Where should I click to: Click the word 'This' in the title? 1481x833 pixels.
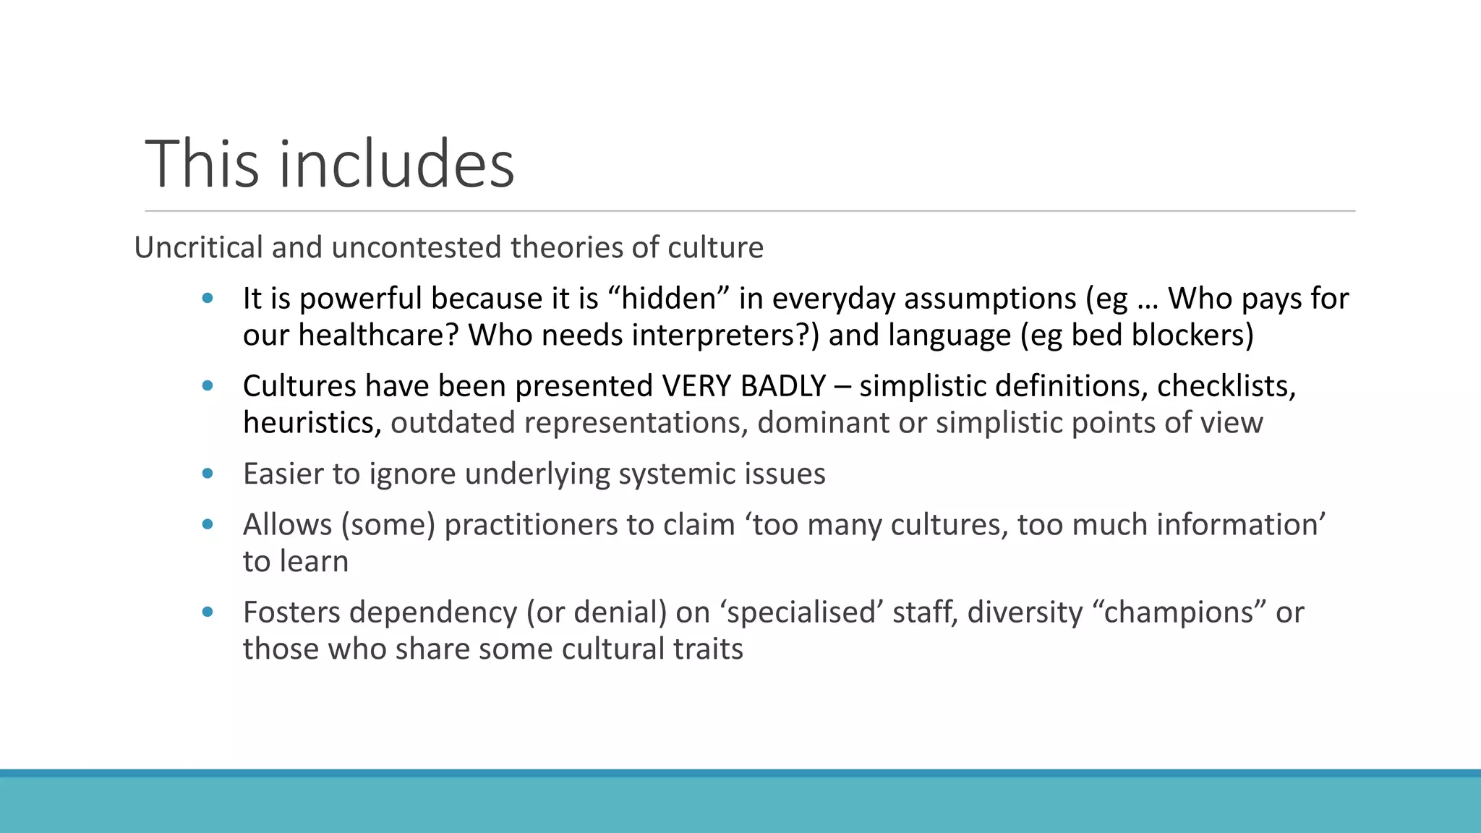click(x=202, y=164)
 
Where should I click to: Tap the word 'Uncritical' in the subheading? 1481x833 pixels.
click(x=198, y=247)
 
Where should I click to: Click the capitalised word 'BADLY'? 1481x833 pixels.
click(x=783, y=386)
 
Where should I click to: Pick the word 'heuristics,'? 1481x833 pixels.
click(x=312, y=423)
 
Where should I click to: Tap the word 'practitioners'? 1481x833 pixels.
click(x=531, y=525)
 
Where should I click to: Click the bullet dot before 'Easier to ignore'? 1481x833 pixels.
click(x=208, y=474)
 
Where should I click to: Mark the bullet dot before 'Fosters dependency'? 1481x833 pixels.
click(x=208, y=612)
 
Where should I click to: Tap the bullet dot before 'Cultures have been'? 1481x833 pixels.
click(x=208, y=386)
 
